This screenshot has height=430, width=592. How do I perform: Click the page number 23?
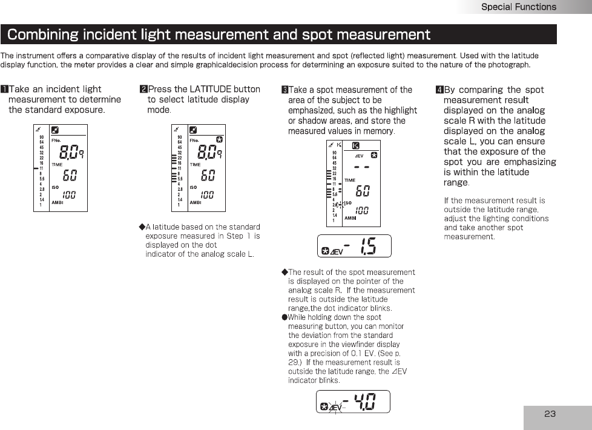pos(550,414)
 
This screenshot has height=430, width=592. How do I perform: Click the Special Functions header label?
pos(518,7)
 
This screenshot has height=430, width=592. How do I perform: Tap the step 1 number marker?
pos(4,90)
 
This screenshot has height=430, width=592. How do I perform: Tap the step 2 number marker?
pos(143,90)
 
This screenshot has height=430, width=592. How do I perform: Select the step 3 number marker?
pos(284,90)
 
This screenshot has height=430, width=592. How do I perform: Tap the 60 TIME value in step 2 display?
pos(208,175)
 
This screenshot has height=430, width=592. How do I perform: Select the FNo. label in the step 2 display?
pos(195,140)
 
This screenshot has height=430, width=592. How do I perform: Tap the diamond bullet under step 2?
pos(142,227)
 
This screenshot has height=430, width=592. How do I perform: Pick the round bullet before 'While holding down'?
pos(284,317)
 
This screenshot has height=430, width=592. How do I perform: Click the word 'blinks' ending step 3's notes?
pos(329,380)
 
